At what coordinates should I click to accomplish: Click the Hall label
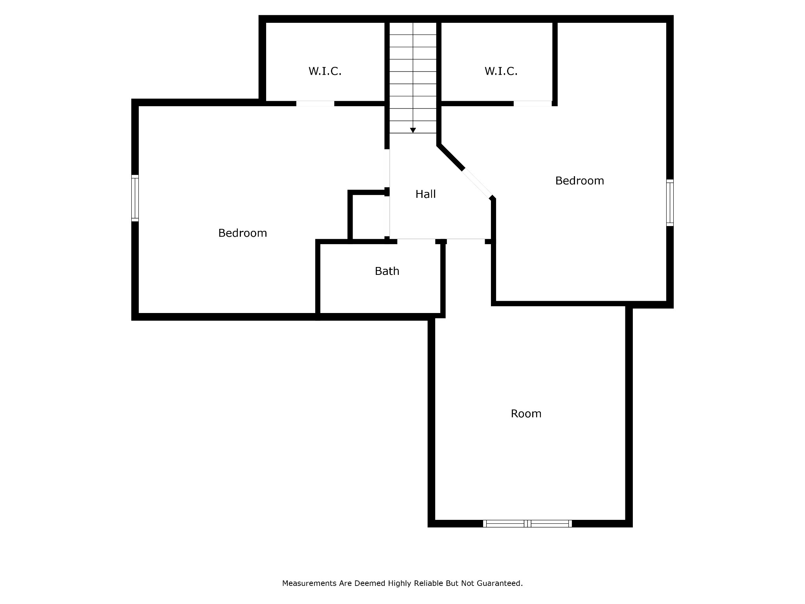pos(425,194)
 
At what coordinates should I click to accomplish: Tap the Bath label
pos(387,271)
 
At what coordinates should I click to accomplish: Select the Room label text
pos(526,413)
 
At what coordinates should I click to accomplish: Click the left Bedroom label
pos(243,233)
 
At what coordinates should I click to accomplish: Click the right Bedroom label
pos(579,180)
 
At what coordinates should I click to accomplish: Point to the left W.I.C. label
pos(325,71)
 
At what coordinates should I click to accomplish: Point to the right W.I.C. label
pos(501,71)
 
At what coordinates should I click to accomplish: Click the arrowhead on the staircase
pos(413,130)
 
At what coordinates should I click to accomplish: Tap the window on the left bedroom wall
pos(135,198)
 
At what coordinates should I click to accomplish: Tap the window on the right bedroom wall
pos(670,203)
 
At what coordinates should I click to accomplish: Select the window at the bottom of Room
pos(527,523)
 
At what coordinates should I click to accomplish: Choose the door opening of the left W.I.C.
pos(315,103)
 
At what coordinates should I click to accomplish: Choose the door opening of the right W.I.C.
pos(533,103)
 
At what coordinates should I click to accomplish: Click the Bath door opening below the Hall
pos(416,241)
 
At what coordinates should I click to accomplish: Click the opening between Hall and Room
pos(466,241)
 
